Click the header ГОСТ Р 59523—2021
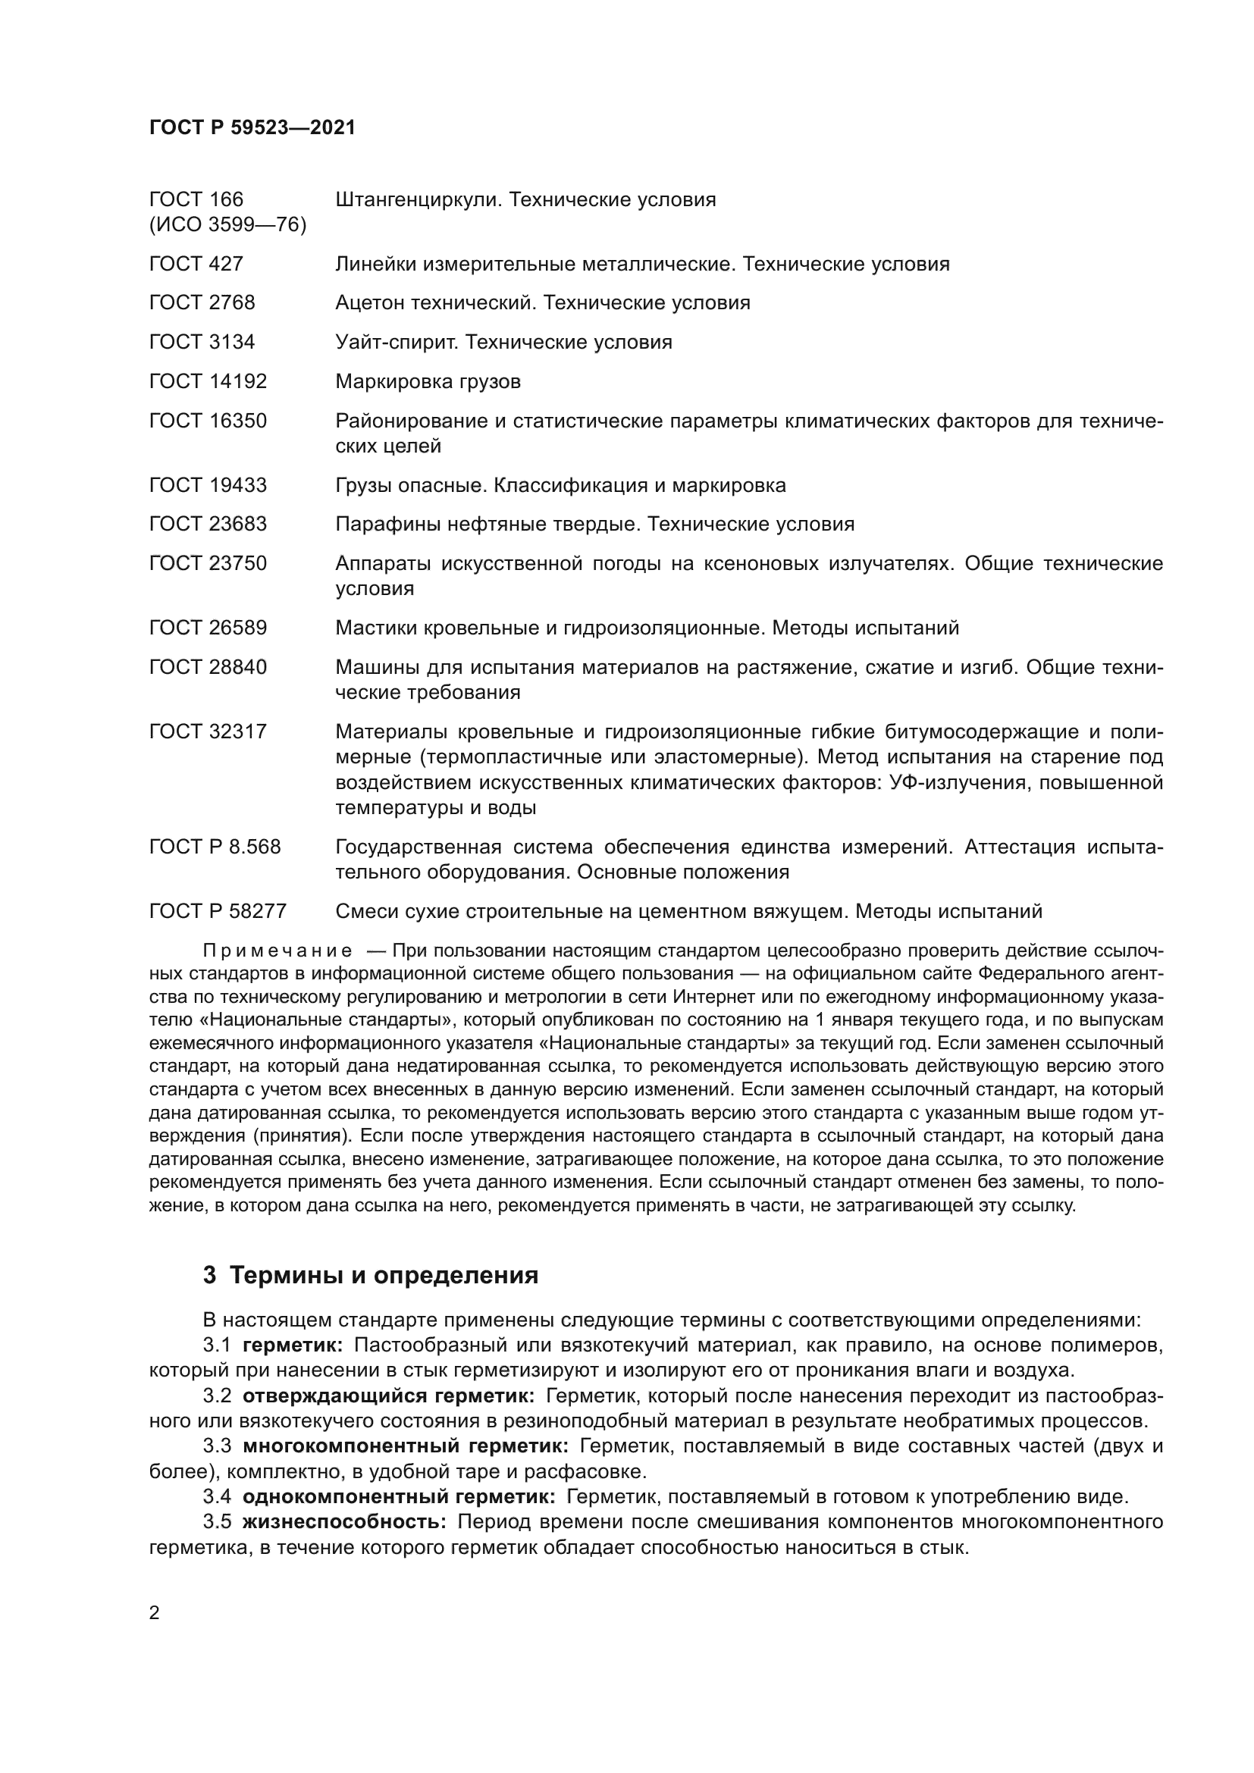point(252,128)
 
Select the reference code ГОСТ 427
point(196,264)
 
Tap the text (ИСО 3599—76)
point(227,224)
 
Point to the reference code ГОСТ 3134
point(202,342)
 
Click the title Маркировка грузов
point(428,381)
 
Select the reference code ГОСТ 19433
point(208,485)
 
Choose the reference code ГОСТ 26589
point(208,628)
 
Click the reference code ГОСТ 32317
point(208,731)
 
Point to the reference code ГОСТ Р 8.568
point(215,847)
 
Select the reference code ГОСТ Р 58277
point(218,912)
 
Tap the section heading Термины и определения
point(384,1275)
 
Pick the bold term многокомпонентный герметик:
point(406,1446)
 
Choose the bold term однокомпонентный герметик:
point(399,1497)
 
